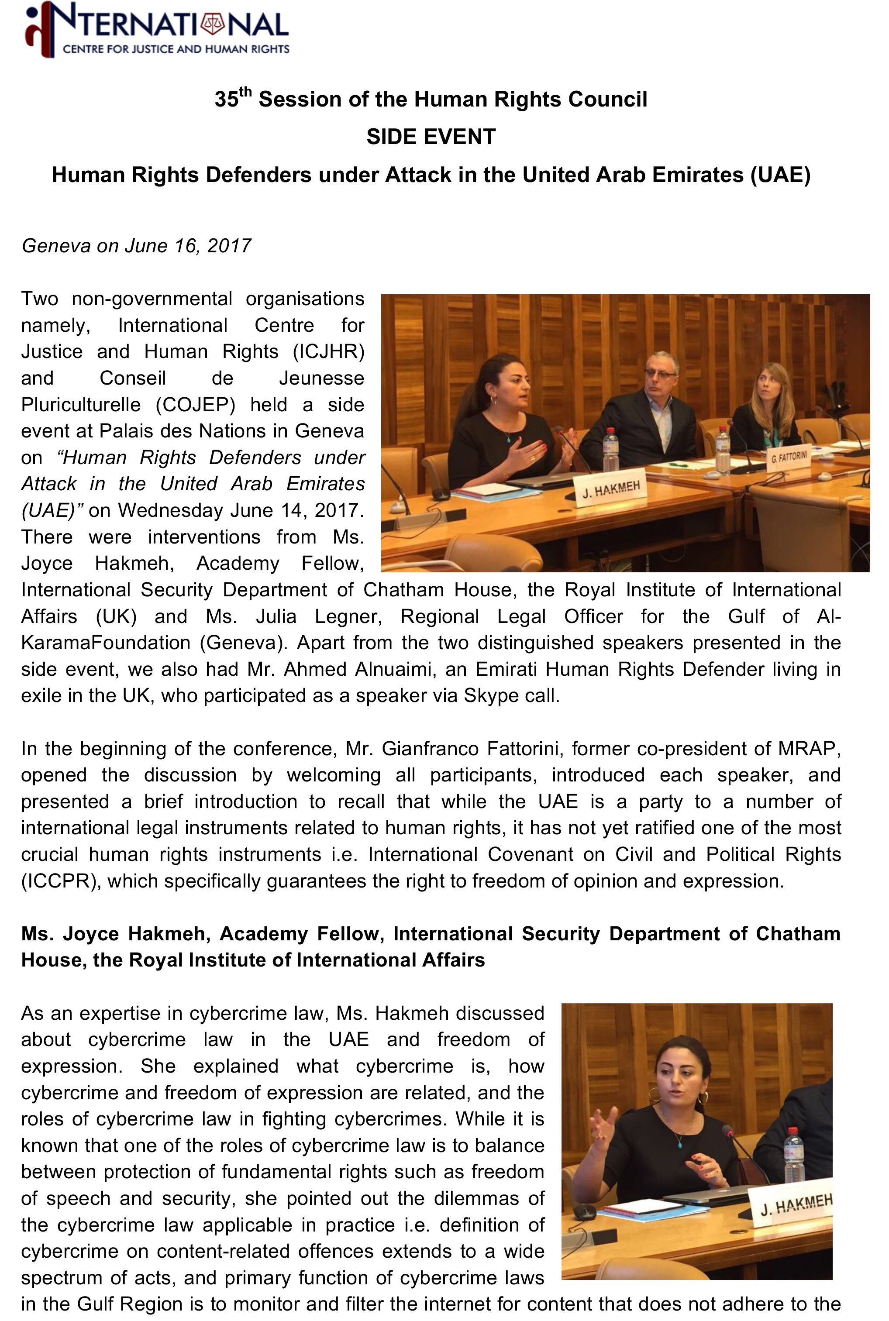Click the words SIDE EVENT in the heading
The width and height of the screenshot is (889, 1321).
(x=431, y=137)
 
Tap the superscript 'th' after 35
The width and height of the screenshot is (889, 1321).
(x=245, y=92)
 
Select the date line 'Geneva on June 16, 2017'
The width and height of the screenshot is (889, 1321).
(x=136, y=246)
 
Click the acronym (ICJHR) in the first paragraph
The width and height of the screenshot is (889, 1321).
(x=328, y=352)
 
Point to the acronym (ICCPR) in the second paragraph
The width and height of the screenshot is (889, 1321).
(x=61, y=881)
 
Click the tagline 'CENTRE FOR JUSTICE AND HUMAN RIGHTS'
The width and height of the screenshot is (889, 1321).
(x=176, y=49)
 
